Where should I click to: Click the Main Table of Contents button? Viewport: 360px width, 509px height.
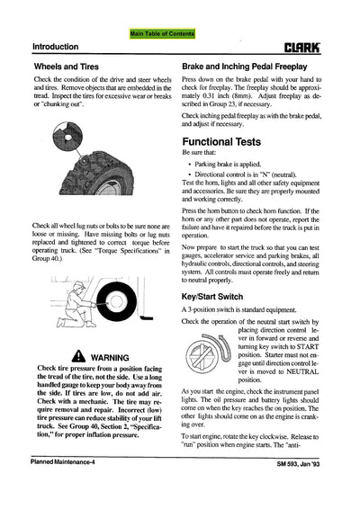point(162,32)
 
